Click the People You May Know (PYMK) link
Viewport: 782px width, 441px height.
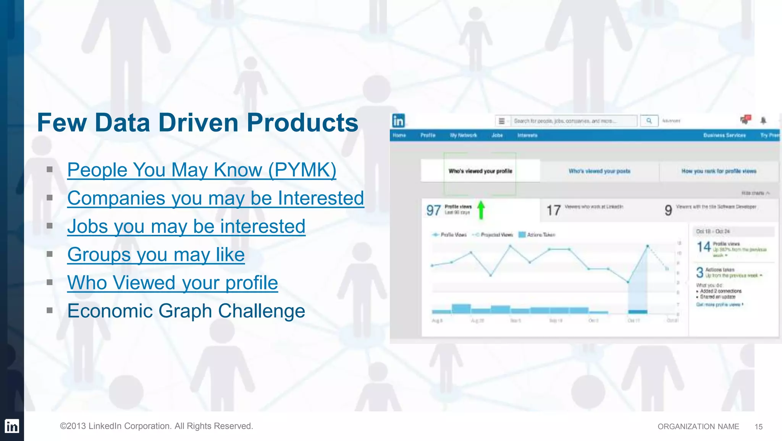pos(202,170)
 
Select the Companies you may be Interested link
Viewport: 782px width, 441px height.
pos(215,198)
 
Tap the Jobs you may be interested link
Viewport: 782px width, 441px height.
pos(186,226)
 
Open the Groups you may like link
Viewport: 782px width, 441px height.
pos(156,255)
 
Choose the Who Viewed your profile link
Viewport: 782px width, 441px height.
pos(173,283)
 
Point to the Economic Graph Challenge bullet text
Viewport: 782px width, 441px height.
pos(186,311)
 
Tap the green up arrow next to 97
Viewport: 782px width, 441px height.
pos(481,210)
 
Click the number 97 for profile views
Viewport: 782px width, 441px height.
pos(433,210)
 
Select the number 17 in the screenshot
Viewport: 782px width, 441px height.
pos(553,210)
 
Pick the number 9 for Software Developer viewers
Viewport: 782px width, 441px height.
pos(668,210)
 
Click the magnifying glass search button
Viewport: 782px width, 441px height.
pos(649,121)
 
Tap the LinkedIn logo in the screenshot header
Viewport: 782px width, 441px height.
pos(398,121)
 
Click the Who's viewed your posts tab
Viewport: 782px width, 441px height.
pos(599,171)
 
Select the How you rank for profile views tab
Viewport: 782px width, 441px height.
pos(719,171)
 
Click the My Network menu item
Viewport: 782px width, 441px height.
pos(463,135)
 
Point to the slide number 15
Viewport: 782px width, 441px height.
pos(758,427)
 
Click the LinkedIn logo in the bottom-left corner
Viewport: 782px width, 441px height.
pos(12,426)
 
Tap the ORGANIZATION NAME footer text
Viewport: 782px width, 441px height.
pos(698,427)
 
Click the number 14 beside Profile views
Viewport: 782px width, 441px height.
pos(703,247)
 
